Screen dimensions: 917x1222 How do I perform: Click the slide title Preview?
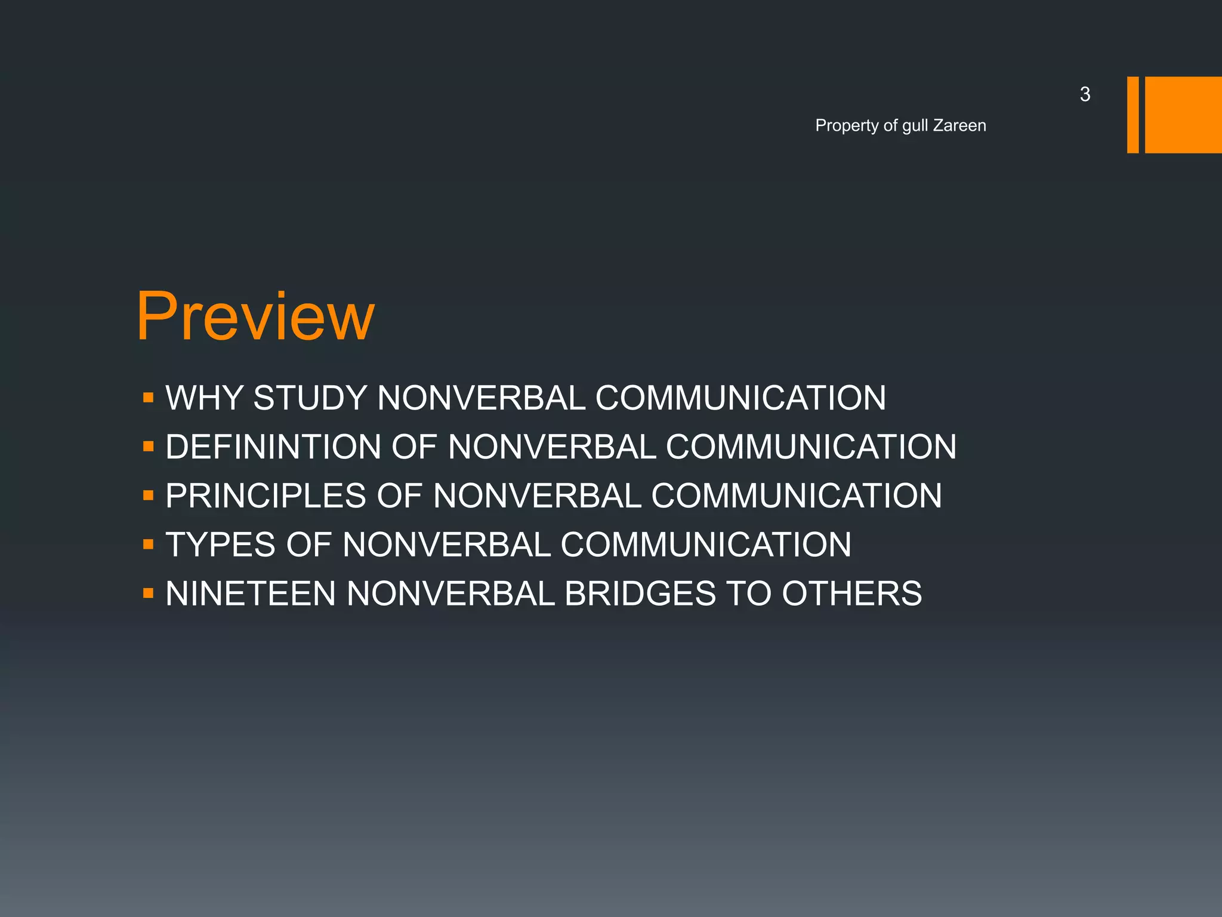tap(255, 316)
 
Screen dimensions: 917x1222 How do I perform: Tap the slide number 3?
tap(1085, 94)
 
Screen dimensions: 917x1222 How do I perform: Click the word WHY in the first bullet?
tap(204, 398)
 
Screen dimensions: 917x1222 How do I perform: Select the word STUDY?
tap(310, 398)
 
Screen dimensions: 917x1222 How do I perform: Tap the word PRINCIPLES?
tap(266, 496)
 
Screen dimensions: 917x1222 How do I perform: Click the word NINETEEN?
tap(251, 593)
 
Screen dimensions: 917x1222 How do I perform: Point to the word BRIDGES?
tap(640, 593)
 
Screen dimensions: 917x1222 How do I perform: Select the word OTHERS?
tap(851, 593)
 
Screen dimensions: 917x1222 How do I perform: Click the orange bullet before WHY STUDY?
tap(149, 398)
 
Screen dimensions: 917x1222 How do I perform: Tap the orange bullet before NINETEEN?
tap(149, 593)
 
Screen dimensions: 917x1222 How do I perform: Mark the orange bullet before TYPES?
tap(149, 544)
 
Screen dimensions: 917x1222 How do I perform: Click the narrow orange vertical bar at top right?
tap(1132, 115)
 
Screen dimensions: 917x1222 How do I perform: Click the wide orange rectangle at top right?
tap(1183, 115)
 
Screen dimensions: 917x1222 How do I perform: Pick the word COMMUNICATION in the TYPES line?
tap(706, 544)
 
